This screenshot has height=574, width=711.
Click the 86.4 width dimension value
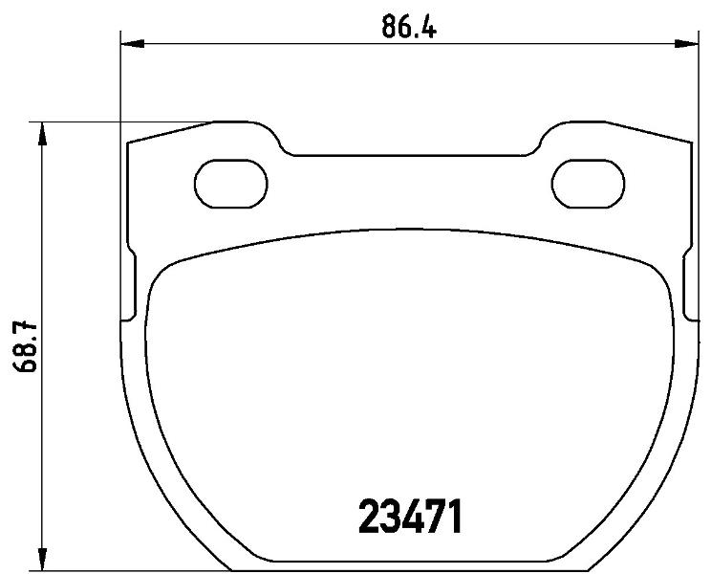pos(409,27)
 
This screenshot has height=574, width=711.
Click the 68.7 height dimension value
pos(25,346)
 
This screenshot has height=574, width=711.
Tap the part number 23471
pos(410,516)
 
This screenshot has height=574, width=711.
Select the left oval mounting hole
pos(231,184)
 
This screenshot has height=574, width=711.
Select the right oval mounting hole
pos(588,184)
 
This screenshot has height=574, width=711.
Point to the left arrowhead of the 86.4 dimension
pos(132,44)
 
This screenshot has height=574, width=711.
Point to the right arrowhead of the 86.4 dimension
pos(686,44)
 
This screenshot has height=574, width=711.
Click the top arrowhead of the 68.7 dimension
pos(42,133)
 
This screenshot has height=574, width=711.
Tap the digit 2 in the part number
pos(369,516)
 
